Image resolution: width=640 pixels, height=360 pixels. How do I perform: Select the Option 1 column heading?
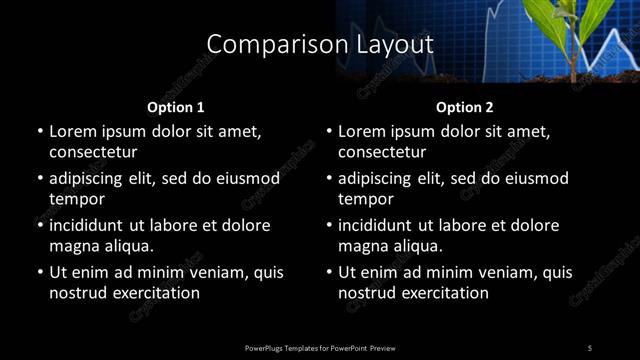[176, 106]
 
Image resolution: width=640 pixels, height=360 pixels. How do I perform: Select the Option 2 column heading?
[465, 106]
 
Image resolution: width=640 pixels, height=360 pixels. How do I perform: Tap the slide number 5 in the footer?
[590, 347]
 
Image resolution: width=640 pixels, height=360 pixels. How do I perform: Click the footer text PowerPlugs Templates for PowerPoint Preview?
[320, 347]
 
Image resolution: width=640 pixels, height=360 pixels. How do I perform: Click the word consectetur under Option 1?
[93, 152]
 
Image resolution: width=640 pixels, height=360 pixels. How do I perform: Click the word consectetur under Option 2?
[382, 152]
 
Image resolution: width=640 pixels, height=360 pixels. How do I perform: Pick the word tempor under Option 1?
[73, 199]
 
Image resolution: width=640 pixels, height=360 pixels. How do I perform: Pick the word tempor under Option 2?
[362, 199]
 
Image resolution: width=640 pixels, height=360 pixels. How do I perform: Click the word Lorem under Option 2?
[362, 131]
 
